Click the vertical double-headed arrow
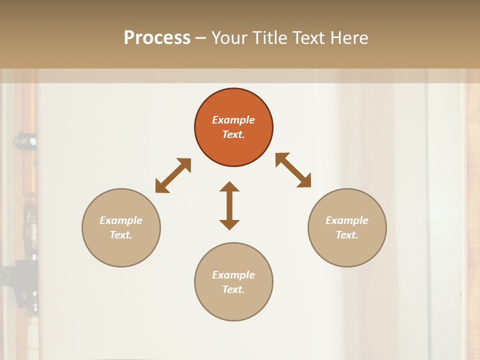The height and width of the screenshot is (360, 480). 229,206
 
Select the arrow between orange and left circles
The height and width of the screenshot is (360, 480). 173,175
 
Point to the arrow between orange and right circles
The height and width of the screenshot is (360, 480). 293,170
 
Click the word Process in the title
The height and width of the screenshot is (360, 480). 157,38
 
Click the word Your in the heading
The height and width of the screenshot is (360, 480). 228,38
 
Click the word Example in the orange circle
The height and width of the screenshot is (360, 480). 233,120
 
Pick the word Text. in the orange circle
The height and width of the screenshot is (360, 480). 233,134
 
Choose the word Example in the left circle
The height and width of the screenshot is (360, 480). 121,220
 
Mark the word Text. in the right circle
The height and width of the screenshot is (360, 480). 347,235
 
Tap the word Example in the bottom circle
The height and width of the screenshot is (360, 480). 233,275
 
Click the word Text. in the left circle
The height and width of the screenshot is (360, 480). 121,235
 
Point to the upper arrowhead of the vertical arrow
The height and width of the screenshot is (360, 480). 229,187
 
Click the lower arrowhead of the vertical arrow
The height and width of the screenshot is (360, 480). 229,224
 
